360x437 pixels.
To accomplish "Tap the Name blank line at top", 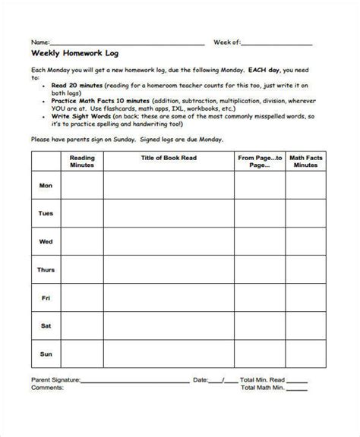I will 128,42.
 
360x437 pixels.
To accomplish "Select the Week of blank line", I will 283,42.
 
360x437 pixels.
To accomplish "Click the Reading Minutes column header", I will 81,162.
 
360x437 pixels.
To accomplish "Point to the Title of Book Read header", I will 169,158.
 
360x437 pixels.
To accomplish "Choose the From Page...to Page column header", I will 260,162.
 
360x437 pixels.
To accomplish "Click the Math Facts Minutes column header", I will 306,162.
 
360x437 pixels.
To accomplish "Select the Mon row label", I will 46,186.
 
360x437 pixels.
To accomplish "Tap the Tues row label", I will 46,214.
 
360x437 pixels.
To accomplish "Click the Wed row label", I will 46,242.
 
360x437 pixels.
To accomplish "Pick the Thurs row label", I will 46,270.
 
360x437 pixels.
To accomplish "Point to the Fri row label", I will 46,298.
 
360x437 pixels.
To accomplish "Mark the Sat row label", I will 46,326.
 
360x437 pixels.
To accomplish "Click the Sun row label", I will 46,354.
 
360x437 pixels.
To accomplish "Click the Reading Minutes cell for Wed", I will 81,242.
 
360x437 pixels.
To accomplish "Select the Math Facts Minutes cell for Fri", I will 306,298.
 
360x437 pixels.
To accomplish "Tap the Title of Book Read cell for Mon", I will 169,186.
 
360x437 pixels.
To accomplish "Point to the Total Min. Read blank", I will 297,379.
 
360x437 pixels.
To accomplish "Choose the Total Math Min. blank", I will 297,388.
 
